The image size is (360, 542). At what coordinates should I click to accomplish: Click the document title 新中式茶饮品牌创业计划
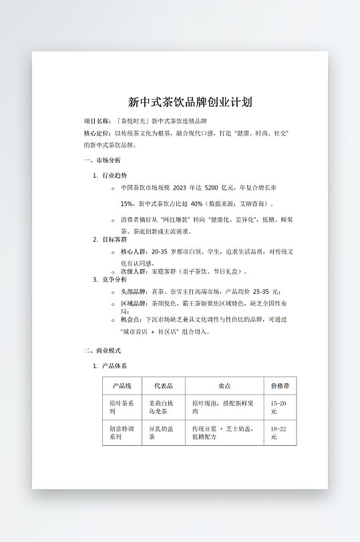pyautogui.click(x=190, y=102)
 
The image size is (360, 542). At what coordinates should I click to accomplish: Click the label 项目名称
pyautogui.click(x=97, y=121)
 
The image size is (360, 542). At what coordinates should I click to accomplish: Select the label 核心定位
pyautogui.click(x=97, y=133)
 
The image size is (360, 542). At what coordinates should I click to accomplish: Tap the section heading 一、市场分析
pyautogui.click(x=102, y=161)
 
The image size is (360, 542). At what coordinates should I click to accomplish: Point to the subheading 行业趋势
pyautogui.click(x=114, y=175)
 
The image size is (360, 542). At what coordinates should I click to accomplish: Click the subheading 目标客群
pyautogui.click(x=114, y=239)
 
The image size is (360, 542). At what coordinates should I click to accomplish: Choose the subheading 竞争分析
pyautogui.click(x=114, y=279)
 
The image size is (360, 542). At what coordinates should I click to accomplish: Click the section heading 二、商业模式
pyautogui.click(x=102, y=350)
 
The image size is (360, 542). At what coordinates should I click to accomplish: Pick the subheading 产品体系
pyautogui.click(x=114, y=366)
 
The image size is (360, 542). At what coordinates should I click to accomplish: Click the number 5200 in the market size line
pyautogui.click(x=212, y=188)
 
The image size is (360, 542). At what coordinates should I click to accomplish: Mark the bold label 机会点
pyautogui.click(x=132, y=320)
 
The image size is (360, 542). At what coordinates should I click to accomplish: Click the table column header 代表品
pyautogui.click(x=164, y=386)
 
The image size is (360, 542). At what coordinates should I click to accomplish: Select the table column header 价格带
pyautogui.click(x=280, y=386)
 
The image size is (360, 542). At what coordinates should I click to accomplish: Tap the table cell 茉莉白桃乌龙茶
pyautogui.click(x=161, y=408)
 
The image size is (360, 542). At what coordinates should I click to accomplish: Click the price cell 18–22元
pyautogui.click(x=279, y=433)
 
